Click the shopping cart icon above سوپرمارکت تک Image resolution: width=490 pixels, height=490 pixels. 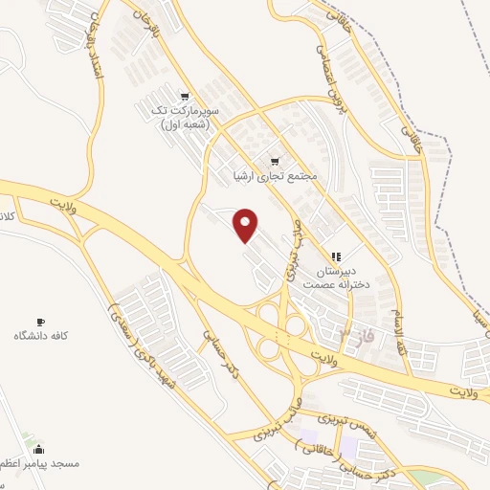(x=187, y=97)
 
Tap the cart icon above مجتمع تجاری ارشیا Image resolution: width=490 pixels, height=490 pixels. (x=275, y=161)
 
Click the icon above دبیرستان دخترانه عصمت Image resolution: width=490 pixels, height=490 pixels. (x=335, y=256)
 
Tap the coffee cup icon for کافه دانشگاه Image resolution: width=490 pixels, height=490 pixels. (x=39, y=321)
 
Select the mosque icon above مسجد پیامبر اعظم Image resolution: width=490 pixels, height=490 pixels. (x=38, y=449)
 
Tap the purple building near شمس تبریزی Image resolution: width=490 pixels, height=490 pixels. (x=350, y=447)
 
